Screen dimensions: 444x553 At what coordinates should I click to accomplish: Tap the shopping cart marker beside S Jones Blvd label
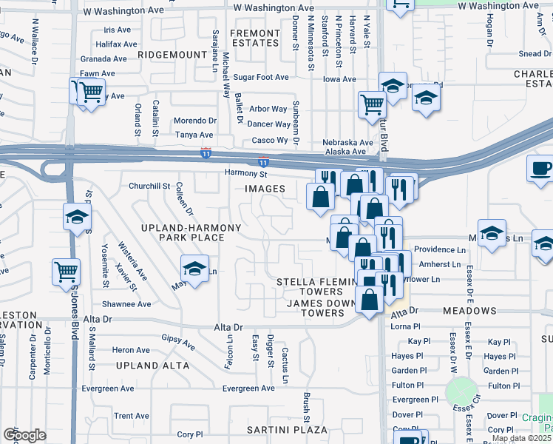click(x=66, y=271)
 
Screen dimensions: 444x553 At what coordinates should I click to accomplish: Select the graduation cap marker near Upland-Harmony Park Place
click(x=194, y=268)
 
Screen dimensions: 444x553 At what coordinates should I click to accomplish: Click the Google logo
click(x=24, y=434)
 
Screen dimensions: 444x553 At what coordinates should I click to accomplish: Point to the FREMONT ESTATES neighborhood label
click(x=254, y=38)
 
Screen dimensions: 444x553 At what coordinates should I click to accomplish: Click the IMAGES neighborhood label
click(x=265, y=189)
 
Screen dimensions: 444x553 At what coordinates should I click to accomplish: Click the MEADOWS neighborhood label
click(x=469, y=311)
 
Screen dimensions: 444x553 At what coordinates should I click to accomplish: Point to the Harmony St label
click(x=246, y=174)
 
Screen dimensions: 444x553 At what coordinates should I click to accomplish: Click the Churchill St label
click(x=150, y=186)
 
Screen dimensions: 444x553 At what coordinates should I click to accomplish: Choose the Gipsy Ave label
click(x=178, y=342)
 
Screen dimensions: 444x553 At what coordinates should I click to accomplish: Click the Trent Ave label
click(x=132, y=416)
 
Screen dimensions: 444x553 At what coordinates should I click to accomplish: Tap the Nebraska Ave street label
click(x=347, y=142)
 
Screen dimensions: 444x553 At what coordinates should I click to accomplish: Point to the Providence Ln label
click(x=440, y=250)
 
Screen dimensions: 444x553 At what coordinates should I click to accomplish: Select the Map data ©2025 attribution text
click(x=522, y=438)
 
